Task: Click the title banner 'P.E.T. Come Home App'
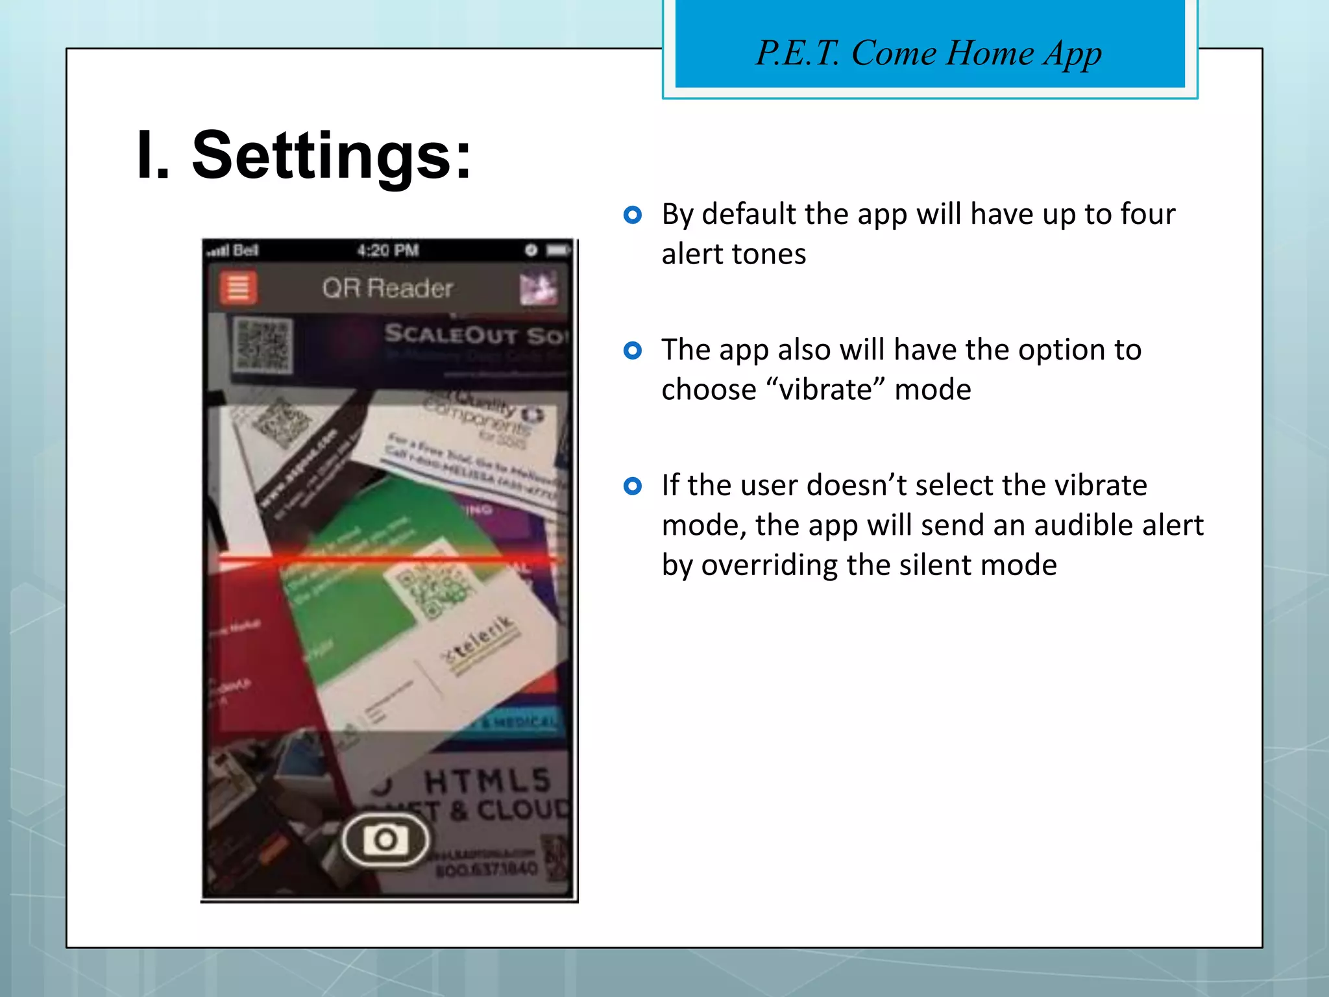point(929,53)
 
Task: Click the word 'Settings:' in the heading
point(332,156)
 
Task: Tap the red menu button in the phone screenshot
point(238,288)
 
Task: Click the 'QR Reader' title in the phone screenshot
point(387,288)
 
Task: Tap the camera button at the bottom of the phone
point(385,839)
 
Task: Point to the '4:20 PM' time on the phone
point(387,251)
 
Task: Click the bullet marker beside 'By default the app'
point(632,215)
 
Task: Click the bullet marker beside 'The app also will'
point(632,351)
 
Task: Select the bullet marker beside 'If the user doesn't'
point(632,486)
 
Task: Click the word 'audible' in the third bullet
point(1084,525)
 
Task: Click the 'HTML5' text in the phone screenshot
point(487,781)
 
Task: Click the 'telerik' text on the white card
point(480,639)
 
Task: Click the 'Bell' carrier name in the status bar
point(245,251)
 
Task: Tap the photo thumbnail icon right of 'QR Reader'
point(539,288)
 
